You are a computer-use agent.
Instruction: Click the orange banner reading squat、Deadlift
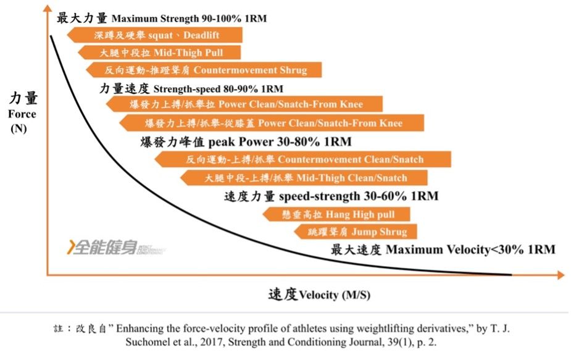click(155, 35)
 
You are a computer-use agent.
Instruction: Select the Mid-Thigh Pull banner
click(159, 52)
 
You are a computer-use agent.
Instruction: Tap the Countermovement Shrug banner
click(204, 70)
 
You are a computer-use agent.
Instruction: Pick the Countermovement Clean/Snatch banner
click(303, 159)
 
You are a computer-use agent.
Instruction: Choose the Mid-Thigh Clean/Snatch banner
click(304, 178)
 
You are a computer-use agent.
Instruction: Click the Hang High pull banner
click(336, 214)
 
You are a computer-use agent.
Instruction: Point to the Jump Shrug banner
click(356, 232)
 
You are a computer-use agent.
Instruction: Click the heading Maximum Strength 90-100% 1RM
click(189, 19)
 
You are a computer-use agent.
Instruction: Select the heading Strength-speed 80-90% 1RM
click(218, 89)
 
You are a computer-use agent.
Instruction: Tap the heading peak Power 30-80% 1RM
click(280, 141)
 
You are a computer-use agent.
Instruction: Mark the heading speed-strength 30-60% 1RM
click(359, 196)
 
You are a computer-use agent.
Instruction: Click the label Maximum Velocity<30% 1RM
click(470, 249)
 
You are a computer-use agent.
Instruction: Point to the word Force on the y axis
click(22, 114)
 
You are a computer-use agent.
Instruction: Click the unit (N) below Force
click(19, 128)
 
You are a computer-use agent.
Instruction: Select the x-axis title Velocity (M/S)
click(335, 295)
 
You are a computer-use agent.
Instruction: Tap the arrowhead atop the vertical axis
click(48, 7)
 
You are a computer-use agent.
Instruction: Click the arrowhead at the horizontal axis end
click(561, 275)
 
